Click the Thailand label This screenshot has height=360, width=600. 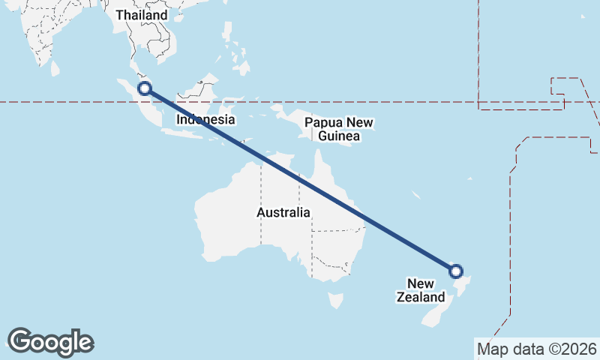pos(142,15)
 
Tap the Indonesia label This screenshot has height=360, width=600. pos(206,119)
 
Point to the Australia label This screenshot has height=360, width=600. pos(283,212)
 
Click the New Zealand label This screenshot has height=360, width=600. pos(420,290)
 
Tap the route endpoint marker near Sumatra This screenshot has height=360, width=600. pos(145,88)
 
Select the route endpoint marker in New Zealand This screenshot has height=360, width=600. pos(455,271)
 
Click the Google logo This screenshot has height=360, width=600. pos(50,342)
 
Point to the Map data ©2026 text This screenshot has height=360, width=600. pos(536,349)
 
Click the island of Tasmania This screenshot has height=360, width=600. pos(337,301)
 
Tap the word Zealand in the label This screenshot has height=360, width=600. pos(420,297)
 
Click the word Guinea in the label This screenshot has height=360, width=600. pos(339,136)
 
